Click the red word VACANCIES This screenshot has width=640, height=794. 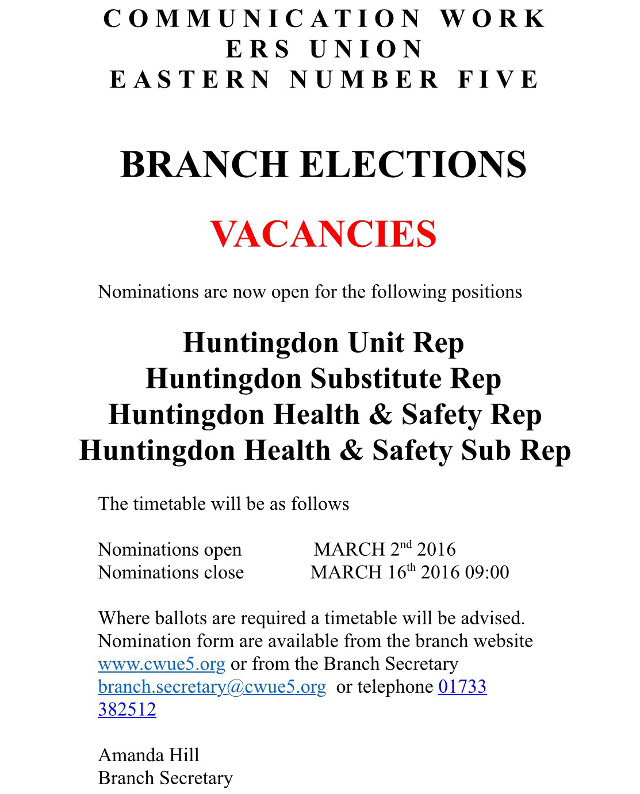[x=323, y=234]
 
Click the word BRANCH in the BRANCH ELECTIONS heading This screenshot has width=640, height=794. [x=204, y=165]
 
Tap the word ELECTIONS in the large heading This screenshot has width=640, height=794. [x=413, y=165]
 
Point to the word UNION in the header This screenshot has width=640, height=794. [x=366, y=49]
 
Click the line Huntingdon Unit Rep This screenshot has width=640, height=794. [x=323, y=343]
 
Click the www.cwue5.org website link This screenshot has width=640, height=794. [x=162, y=664]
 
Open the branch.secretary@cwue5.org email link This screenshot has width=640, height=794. [x=212, y=687]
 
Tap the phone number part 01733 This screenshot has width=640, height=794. [x=462, y=687]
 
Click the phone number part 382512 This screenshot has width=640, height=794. [x=127, y=709]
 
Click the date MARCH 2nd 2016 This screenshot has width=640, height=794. [x=384, y=549]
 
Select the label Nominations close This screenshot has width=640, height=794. [x=171, y=572]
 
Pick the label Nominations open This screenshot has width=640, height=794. [x=170, y=549]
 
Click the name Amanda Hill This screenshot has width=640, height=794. [x=148, y=755]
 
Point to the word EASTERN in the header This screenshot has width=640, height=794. [x=190, y=79]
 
